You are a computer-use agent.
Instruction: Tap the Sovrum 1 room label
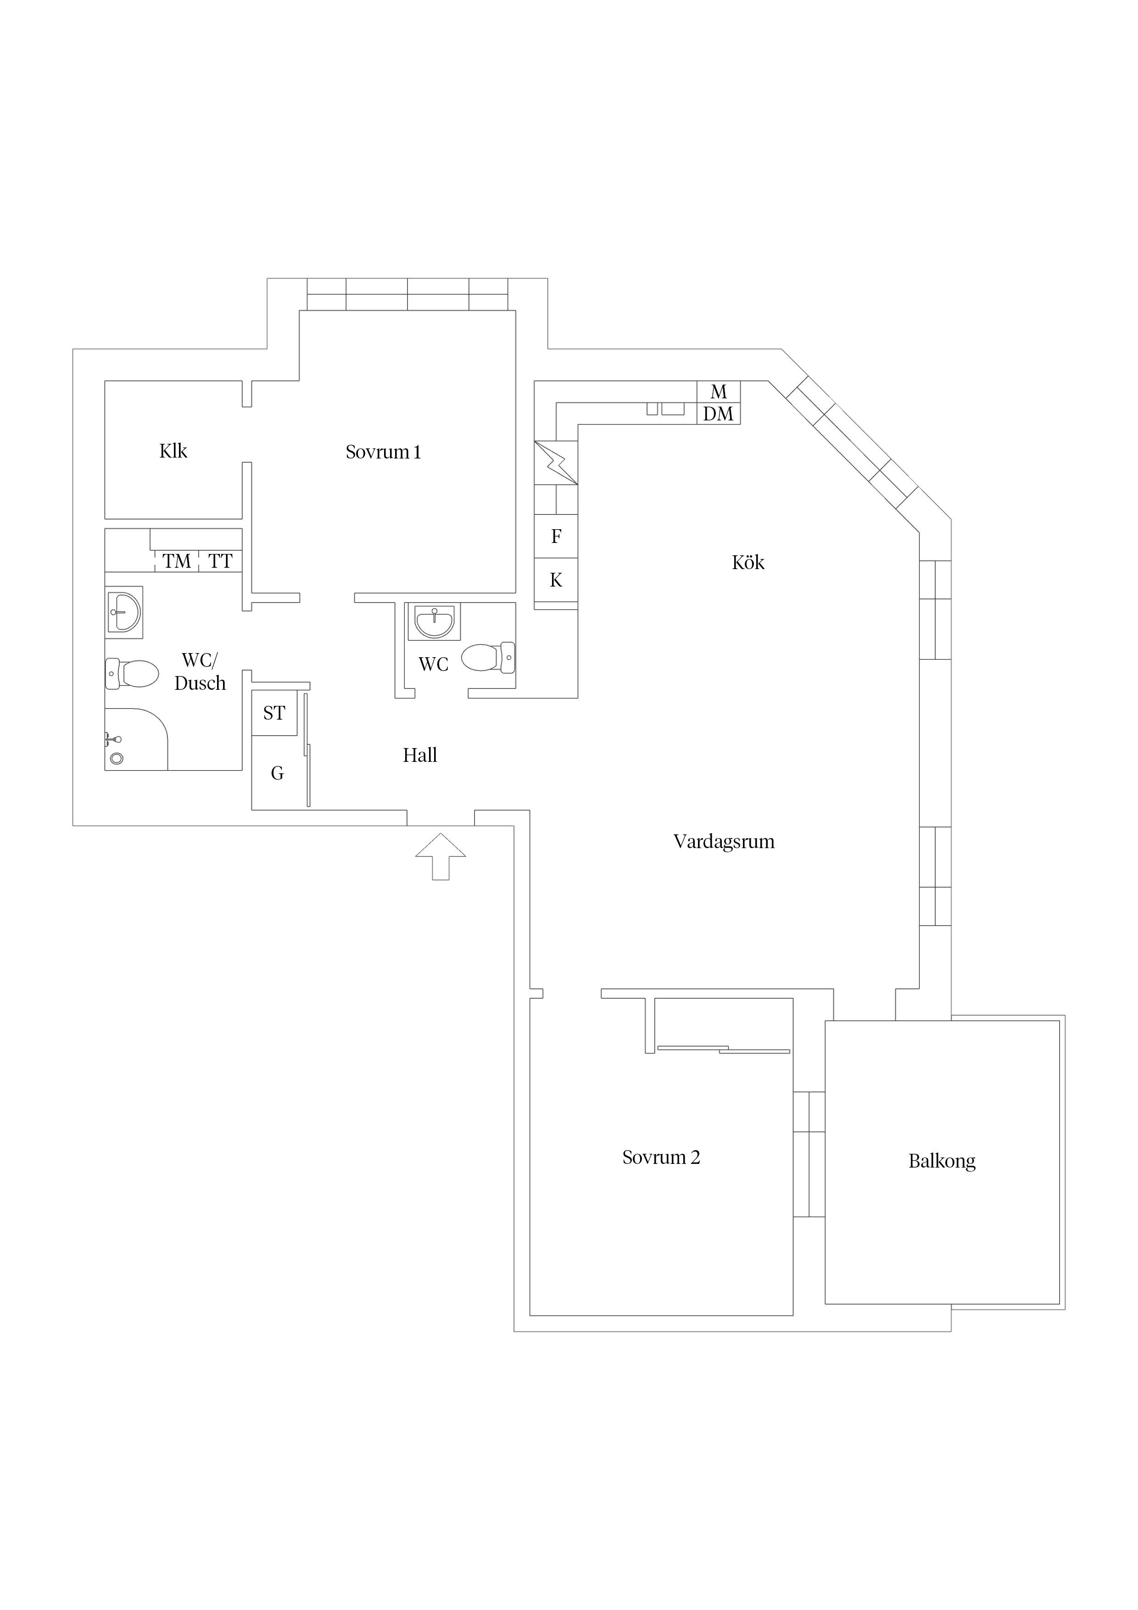tap(384, 452)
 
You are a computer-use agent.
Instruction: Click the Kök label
tap(748, 562)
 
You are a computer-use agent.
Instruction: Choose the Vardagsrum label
tap(724, 842)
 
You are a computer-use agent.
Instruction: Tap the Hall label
tap(420, 755)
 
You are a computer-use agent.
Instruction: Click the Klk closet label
tap(173, 451)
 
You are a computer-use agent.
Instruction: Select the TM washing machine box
tap(177, 561)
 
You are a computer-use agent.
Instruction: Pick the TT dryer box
tap(221, 561)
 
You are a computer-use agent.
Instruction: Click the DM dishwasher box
tap(719, 414)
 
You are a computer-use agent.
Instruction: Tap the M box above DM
tap(719, 392)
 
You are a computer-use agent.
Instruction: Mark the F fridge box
tap(556, 537)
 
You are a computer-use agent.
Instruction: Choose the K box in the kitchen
tap(556, 580)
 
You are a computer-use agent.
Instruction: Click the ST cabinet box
tap(274, 713)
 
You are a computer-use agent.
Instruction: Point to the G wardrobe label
tap(278, 773)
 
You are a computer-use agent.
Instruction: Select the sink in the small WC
tap(435, 622)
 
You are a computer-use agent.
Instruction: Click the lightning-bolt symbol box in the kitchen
tap(556, 463)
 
